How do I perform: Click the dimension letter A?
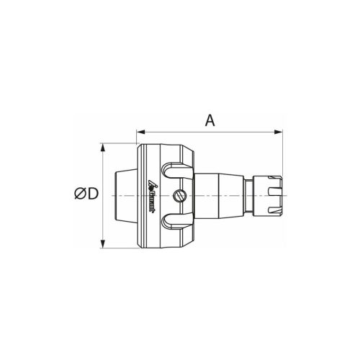[x=210, y=120]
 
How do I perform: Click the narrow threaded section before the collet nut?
[x=248, y=195]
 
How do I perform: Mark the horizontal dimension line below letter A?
[x=209, y=132]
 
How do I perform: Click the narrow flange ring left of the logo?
[x=143, y=195]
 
